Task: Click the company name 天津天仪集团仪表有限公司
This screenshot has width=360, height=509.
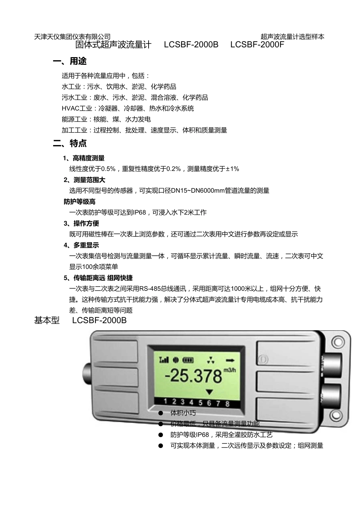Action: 72,37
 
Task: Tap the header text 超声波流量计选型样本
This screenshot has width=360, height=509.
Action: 292,37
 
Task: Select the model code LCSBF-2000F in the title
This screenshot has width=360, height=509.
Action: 257,45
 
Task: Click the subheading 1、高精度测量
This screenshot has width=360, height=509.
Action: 84,158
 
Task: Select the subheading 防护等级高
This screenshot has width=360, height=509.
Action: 80,202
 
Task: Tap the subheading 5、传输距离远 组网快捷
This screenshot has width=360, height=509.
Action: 98,278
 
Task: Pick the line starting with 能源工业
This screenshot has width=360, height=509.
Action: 106,119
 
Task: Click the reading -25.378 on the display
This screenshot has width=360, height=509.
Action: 194,376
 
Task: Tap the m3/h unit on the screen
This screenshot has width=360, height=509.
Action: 230,370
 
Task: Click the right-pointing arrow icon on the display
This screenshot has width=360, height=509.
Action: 229,359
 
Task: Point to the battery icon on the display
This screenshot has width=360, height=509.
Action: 188,360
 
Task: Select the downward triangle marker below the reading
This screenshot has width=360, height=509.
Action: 209,392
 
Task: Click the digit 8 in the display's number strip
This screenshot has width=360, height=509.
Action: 227,403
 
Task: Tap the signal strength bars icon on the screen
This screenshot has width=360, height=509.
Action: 164,360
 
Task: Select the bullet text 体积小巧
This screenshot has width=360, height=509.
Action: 183,413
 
